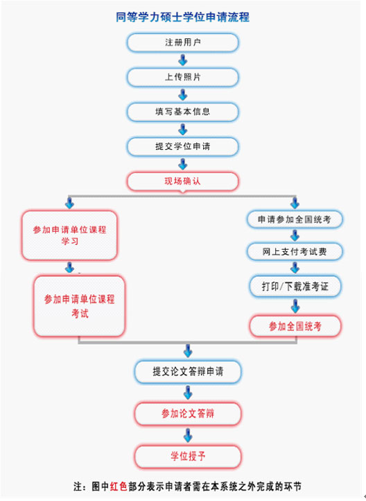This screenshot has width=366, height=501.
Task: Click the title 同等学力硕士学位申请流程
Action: click(x=182, y=17)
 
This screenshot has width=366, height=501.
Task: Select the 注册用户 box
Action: click(x=182, y=42)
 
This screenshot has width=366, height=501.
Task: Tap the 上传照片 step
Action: click(x=182, y=77)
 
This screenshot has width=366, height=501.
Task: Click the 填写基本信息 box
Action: click(x=182, y=112)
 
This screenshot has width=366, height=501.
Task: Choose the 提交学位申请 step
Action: click(x=182, y=146)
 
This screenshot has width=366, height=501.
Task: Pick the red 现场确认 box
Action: click(x=182, y=182)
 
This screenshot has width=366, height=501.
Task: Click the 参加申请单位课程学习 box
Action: click(x=69, y=235)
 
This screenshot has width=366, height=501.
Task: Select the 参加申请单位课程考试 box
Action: click(x=79, y=306)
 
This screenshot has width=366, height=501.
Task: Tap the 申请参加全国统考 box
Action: click(x=295, y=219)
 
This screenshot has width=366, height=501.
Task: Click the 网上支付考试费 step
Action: click(x=295, y=252)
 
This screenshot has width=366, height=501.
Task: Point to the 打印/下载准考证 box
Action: click(x=295, y=287)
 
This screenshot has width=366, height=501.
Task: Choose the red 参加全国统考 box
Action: click(x=295, y=326)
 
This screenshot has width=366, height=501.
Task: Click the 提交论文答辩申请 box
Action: click(x=188, y=372)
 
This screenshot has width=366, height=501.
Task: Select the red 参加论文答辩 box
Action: click(x=188, y=414)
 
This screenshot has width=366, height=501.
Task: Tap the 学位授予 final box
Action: click(x=188, y=457)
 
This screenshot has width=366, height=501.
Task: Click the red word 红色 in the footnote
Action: click(x=119, y=486)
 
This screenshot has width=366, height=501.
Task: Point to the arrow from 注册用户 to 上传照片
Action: click(x=183, y=60)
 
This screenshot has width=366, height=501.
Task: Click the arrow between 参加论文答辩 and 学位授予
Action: click(x=188, y=436)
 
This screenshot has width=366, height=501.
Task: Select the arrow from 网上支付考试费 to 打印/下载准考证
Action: click(x=295, y=268)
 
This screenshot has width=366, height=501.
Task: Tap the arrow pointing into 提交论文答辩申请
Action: click(x=188, y=351)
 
